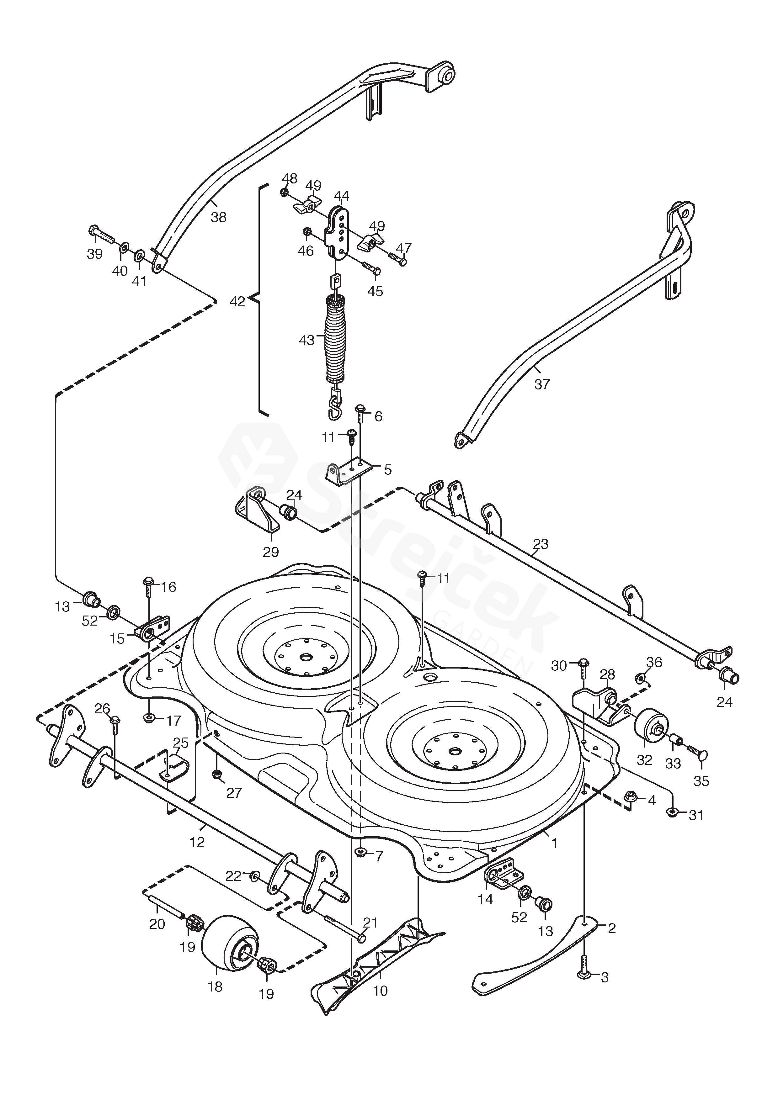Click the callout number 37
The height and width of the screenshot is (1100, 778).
pyautogui.click(x=542, y=384)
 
